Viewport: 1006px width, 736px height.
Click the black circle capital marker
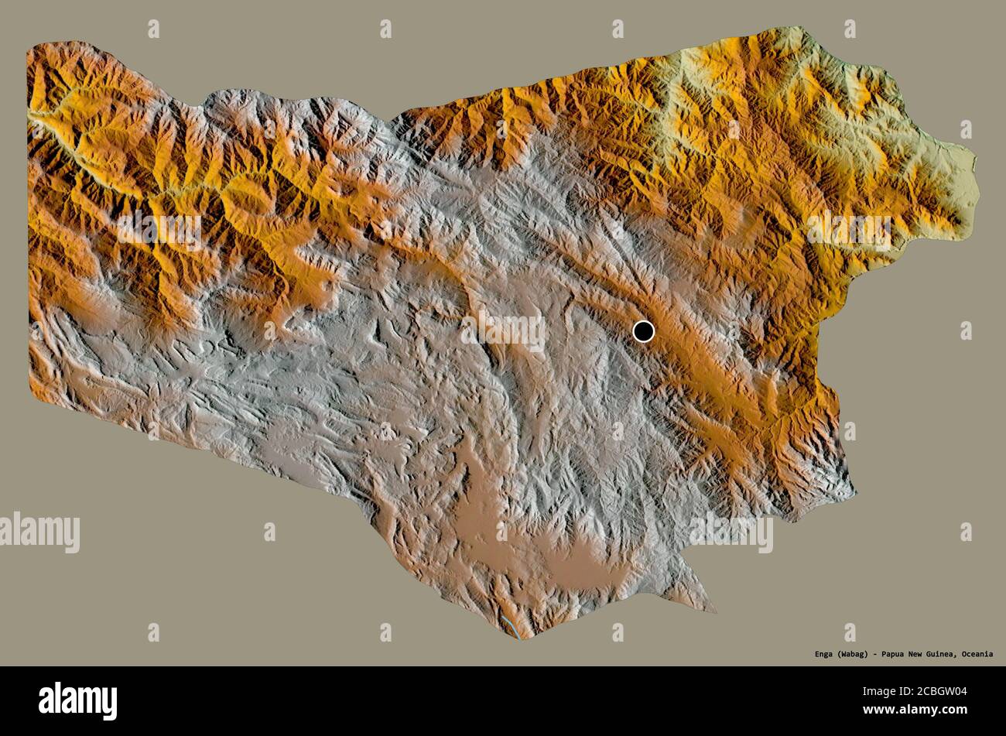pos(643,331)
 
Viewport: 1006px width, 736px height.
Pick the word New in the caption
pos(921,654)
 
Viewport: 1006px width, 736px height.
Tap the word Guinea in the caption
pos(946,654)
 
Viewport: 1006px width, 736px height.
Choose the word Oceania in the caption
pos(978,654)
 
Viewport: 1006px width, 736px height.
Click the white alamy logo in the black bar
pos(77,701)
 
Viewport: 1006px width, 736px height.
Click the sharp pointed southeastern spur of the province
pos(712,609)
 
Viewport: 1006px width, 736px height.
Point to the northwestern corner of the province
pos(31,48)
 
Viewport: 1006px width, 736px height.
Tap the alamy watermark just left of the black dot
pos(503,331)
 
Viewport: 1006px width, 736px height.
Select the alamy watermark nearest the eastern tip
pos(849,230)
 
